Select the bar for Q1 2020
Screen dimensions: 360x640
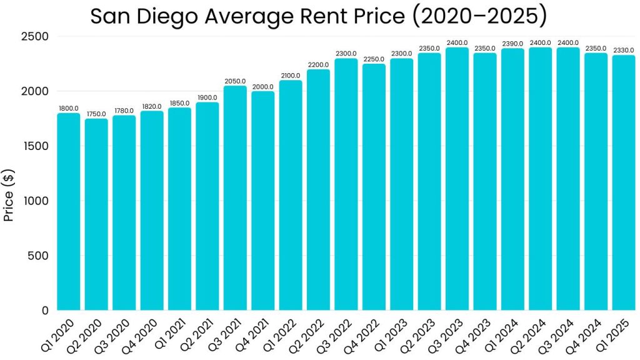(x=69, y=212)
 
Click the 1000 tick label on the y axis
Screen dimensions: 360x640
(x=37, y=201)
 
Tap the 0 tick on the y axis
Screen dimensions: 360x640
(x=45, y=311)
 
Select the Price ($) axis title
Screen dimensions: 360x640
(x=9, y=195)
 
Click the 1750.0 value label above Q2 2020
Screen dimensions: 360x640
(x=96, y=114)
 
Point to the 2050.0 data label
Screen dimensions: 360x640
(x=235, y=81)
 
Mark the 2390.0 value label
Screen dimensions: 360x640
(x=512, y=44)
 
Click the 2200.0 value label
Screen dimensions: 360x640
(x=318, y=65)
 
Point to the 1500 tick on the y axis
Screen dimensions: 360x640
(x=37, y=146)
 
